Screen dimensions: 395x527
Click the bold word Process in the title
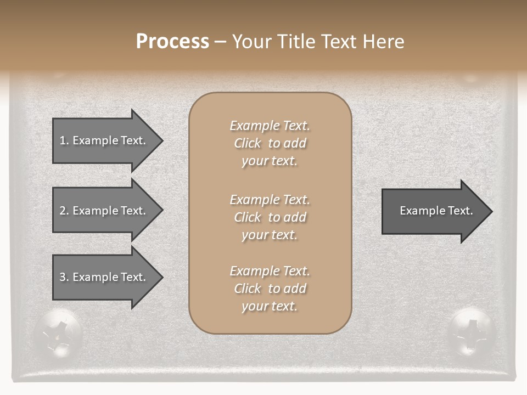point(172,42)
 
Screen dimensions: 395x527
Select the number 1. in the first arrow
point(64,140)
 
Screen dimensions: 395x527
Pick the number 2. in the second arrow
point(64,211)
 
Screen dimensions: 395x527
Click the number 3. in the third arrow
point(64,277)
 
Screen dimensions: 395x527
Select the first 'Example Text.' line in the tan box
point(270,126)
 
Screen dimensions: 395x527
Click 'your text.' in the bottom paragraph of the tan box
point(270,306)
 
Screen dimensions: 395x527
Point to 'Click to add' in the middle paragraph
point(270,217)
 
